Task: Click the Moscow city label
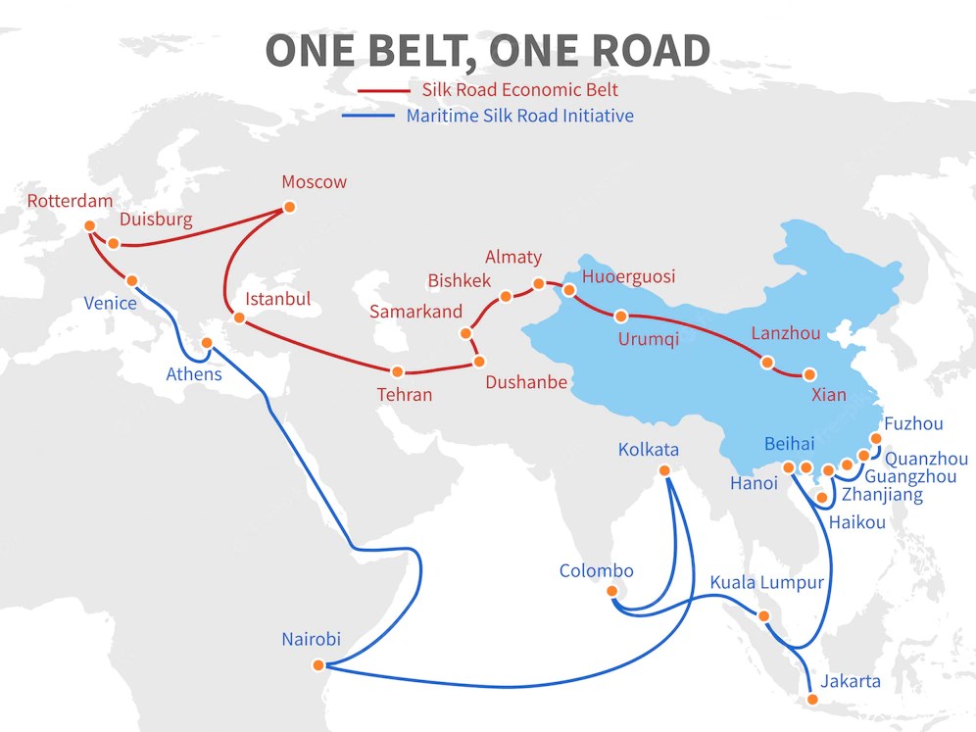click(x=314, y=182)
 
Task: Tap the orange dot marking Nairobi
click(x=317, y=665)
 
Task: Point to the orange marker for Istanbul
click(x=238, y=317)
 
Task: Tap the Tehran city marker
click(x=397, y=372)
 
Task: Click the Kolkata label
click(x=648, y=450)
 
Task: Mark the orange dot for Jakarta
click(x=811, y=699)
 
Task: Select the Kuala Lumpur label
click(x=766, y=583)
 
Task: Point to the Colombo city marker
click(x=612, y=591)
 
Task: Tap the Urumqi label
click(x=648, y=340)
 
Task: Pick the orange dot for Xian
click(x=809, y=374)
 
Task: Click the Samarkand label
click(x=415, y=312)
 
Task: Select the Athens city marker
click(x=207, y=343)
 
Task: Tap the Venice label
click(x=110, y=303)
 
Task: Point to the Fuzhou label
click(x=913, y=424)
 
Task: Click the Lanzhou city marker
click(x=766, y=362)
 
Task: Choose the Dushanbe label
click(x=526, y=382)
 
